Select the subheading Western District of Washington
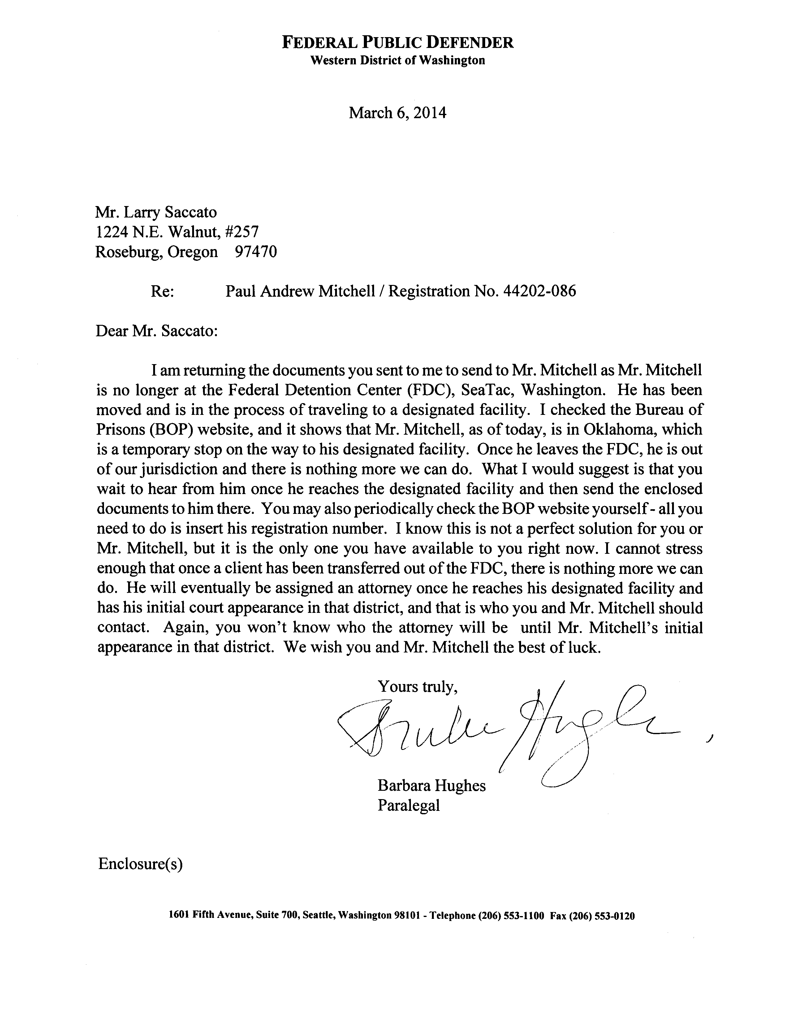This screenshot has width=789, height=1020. coord(398,60)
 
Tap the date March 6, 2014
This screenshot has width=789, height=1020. coord(398,113)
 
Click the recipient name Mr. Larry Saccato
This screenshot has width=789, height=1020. coord(156,213)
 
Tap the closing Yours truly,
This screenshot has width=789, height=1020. coord(417,686)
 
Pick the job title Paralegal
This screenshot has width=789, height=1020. coord(409,805)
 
